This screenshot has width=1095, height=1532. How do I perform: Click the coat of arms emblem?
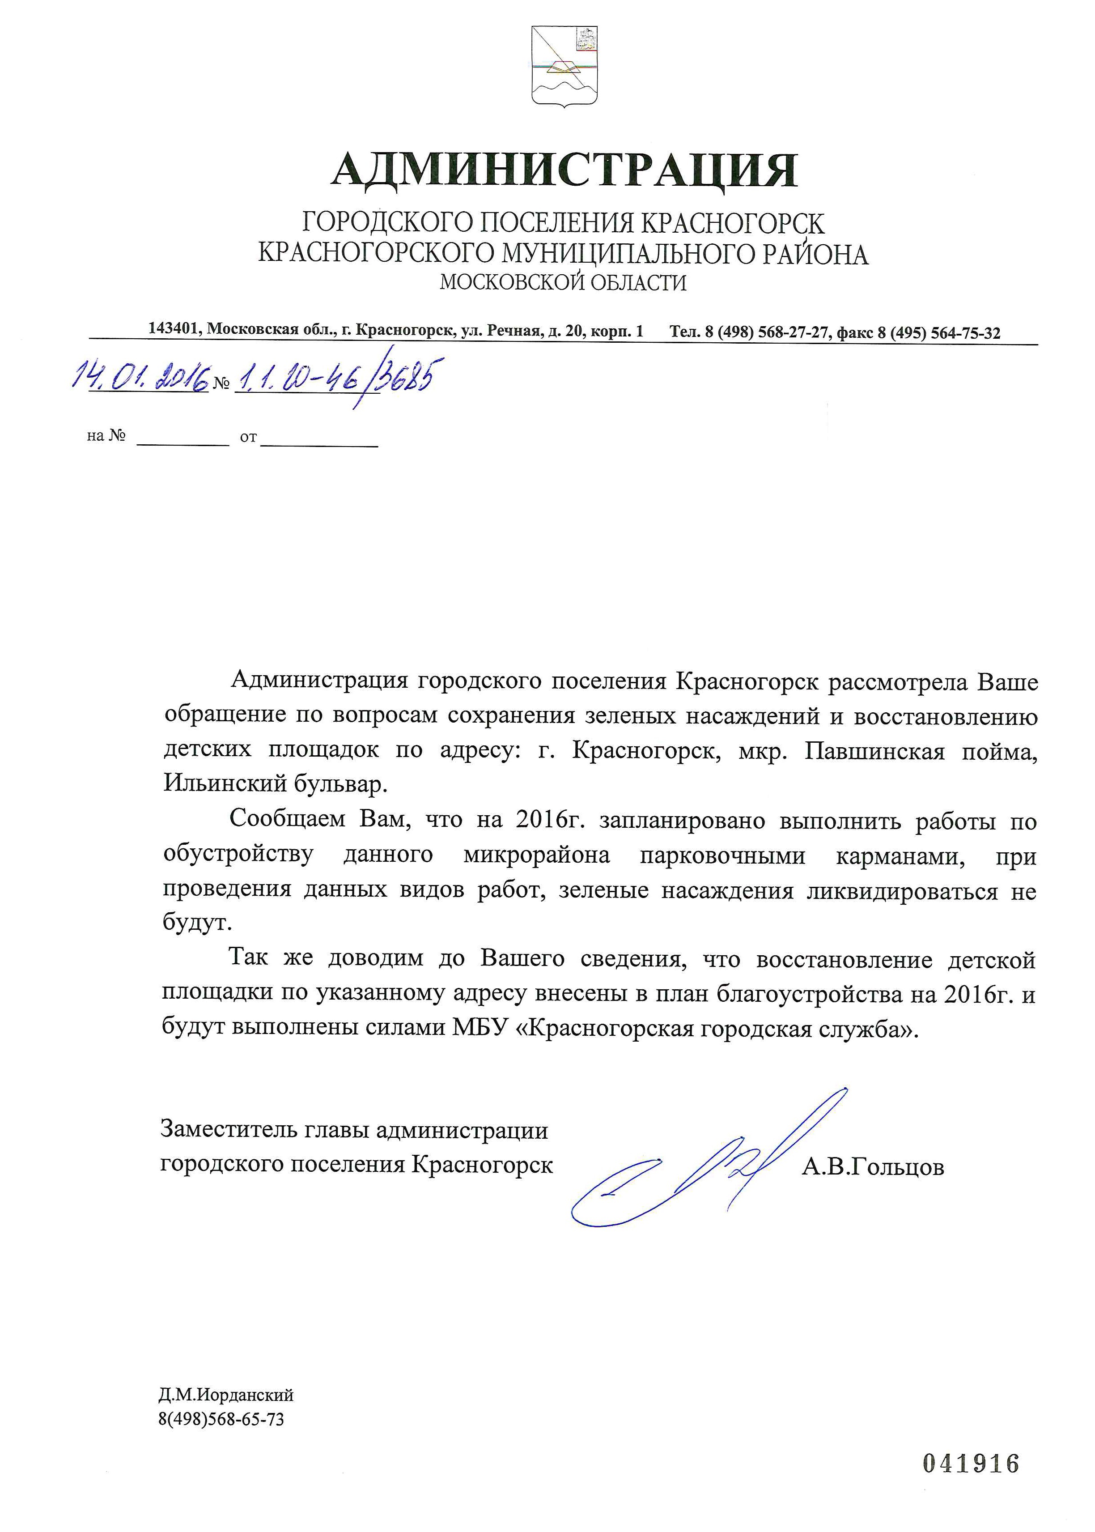click(564, 65)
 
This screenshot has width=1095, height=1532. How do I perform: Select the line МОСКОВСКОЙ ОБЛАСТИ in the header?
click(563, 282)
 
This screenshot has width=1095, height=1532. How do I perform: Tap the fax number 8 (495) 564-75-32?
click(938, 332)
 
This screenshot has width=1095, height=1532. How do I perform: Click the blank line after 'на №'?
click(183, 440)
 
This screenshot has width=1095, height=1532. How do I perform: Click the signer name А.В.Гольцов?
click(873, 1166)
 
